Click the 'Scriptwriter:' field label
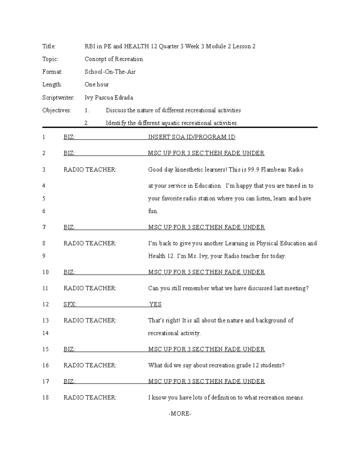[x=58, y=98]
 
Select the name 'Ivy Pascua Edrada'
[x=109, y=98]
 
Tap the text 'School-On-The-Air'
[x=110, y=72]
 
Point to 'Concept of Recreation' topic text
[x=113, y=59]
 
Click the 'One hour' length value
[x=97, y=85]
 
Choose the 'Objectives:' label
[x=57, y=110]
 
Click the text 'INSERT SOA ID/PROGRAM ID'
[x=192, y=137]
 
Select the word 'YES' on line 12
[x=155, y=304]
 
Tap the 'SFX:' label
[x=70, y=304]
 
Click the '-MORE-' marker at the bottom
[x=180, y=414]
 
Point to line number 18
[x=45, y=398]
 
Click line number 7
[x=44, y=227]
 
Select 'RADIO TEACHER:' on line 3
[x=90, y=170]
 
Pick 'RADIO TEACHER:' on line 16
[x=90, y=365]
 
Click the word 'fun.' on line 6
[x=153, y=211]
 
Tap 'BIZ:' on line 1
[x=69, y=137]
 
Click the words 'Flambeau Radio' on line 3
[x=282, y=170]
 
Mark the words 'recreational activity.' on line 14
[x=174, y=333]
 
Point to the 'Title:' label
[x=49, y=46]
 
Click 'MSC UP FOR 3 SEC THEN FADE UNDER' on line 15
[x=206, y=349]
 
